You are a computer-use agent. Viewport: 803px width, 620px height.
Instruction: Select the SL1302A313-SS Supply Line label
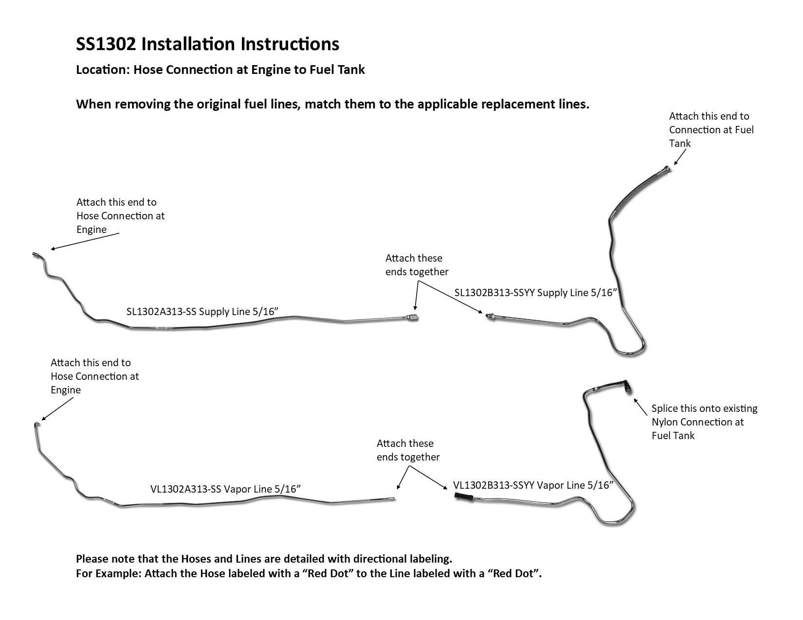[x=201, y=312]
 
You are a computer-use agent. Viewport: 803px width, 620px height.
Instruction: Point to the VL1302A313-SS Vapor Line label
[x=225, y=489]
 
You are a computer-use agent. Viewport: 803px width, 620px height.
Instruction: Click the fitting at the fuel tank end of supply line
[x=666, y=170]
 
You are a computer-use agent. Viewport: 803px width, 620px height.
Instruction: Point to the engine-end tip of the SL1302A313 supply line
[x=35, y=254]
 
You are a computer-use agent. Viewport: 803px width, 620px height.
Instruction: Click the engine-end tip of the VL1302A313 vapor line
[x=37, y=425]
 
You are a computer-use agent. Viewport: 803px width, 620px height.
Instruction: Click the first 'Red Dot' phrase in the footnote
[x=327, y=573]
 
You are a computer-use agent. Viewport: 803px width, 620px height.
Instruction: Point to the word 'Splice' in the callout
[x=665, y=408]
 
